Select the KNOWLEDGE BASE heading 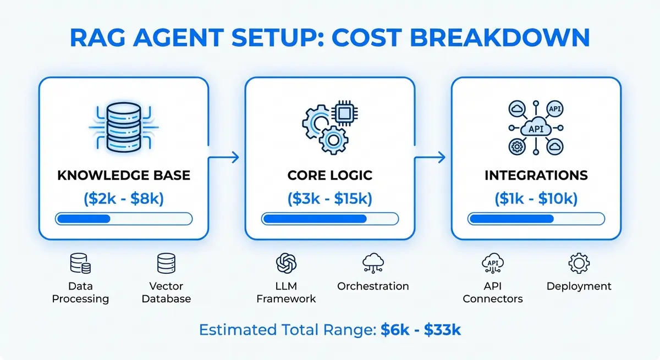[x=123, y=176]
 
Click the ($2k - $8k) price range [x=123, y=198]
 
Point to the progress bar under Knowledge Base [x=123, y=219]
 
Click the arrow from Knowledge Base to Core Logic [x=226, y=158]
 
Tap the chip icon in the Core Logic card [x=345, y=113]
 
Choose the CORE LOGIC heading [x=330, y=176]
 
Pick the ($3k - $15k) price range [x=330, y=198]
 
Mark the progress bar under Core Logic [x=330, y=219]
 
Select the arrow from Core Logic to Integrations [x=432, y=158]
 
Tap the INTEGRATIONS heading [x=536, y=176]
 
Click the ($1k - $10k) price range [x=536, y=198]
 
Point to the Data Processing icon [x=80, y=264]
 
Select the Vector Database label [x=166, y=292]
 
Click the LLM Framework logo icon [x=286, y=264]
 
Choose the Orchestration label [x=373, y=286]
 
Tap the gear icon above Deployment [x=579, y=264]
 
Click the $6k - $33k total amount [x=421, y=330]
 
